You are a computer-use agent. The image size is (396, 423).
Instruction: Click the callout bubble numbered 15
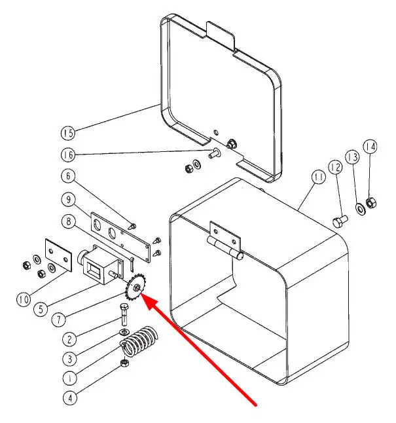tap(67, 133)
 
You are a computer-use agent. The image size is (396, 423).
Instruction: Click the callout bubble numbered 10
tap(24, 300)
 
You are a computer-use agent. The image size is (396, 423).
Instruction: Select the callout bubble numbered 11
tap(319, 178)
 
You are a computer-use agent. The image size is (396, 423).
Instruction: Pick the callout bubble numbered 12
tap(335, 168)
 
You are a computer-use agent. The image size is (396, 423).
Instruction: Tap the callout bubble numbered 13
tap(353, 157)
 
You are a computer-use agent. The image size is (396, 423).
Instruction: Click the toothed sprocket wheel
tap(135, 288)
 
